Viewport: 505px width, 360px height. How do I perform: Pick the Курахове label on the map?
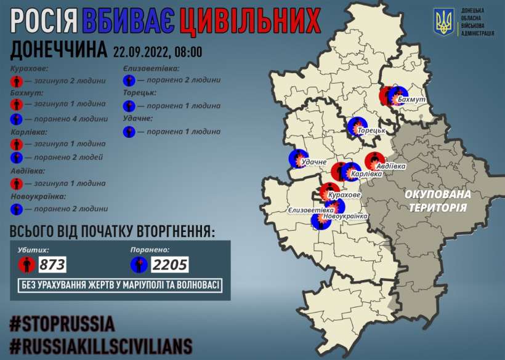345,195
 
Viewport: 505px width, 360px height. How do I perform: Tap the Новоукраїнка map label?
345,216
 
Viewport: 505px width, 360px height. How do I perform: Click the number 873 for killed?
52,265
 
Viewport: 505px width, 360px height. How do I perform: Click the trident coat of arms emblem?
443,22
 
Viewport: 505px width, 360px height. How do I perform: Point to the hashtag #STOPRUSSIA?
63,324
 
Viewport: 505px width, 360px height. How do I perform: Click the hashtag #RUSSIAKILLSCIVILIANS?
101,345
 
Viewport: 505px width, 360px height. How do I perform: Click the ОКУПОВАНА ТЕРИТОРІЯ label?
437,201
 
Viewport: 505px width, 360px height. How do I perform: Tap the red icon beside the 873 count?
25,265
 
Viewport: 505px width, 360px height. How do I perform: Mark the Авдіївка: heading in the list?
30,170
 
